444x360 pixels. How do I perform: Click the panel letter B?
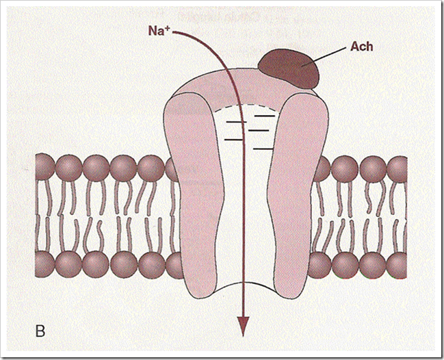40,332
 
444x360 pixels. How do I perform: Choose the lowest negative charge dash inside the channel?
264,148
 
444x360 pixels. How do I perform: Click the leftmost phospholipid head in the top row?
45,167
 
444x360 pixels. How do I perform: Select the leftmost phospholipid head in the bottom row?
45,263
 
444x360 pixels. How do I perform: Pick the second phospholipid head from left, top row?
69,167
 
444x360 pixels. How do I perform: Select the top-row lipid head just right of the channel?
319,167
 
